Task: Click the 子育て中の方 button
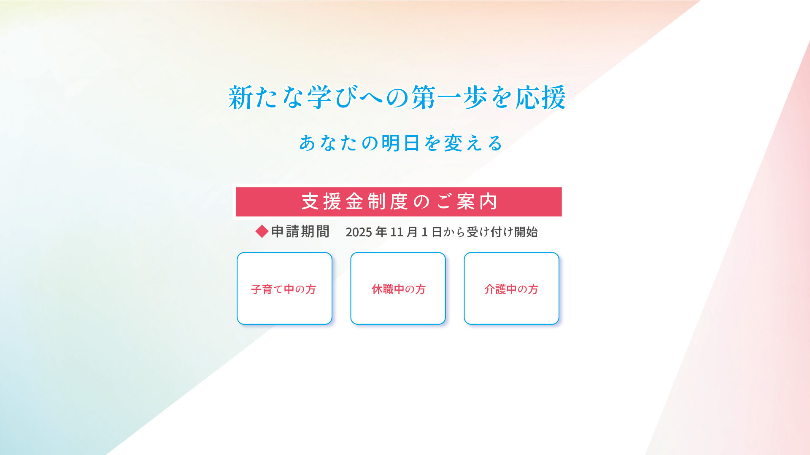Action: (x=284, y=289)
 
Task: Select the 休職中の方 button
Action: (x=398, y=289)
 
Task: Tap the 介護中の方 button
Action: (x=511, y=289)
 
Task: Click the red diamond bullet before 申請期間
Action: (x=262, y=231)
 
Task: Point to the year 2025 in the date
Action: (x=359, y=232)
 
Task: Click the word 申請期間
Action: (x=300, y=232)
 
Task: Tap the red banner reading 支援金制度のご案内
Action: (x=399, y=202)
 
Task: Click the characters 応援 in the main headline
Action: (x=540, y=98)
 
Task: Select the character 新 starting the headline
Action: (x=240, y=98)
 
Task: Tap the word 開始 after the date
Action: (x=526, y=232)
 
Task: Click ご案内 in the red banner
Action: (x=467, y=202)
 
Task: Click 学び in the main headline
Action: (x=334, y=98)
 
